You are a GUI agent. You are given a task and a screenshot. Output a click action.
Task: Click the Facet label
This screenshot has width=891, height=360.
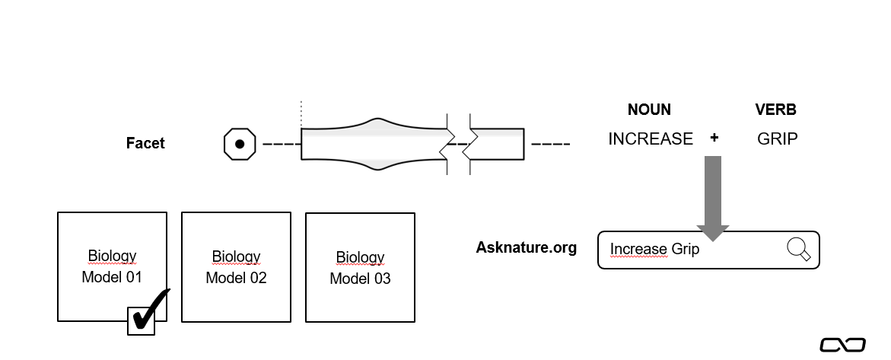point(145,142)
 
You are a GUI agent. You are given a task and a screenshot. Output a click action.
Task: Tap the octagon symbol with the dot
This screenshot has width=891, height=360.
point(239,144)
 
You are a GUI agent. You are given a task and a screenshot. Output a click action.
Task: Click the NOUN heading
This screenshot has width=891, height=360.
point(649,110)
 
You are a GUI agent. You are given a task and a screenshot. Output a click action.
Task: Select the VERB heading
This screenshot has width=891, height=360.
point(775,110)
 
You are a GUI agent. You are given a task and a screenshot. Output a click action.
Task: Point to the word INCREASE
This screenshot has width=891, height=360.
point(651,139)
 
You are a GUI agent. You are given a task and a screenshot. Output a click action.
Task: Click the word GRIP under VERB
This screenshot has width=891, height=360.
point(778,139)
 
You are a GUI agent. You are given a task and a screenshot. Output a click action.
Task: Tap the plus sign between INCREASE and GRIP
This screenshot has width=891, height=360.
point(714,139)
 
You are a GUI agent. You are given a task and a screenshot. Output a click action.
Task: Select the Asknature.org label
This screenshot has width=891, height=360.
point(527,247)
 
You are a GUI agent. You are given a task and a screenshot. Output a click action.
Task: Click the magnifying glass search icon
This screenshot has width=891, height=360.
point(798,249)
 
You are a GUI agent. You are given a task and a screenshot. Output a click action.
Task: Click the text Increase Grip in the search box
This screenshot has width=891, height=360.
point(654,249)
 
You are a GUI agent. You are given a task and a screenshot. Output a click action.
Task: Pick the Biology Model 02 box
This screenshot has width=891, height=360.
point(236,266)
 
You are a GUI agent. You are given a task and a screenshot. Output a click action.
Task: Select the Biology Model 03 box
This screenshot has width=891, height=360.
point(360,267)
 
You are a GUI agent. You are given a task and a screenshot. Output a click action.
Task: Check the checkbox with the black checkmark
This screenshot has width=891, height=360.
point(142,320)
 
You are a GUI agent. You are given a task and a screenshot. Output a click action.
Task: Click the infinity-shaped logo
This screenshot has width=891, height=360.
point(842,345)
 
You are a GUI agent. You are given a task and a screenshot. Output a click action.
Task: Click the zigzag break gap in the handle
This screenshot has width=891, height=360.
point(459,142)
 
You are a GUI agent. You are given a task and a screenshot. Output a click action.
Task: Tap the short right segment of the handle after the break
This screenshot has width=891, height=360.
point(498,143)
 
